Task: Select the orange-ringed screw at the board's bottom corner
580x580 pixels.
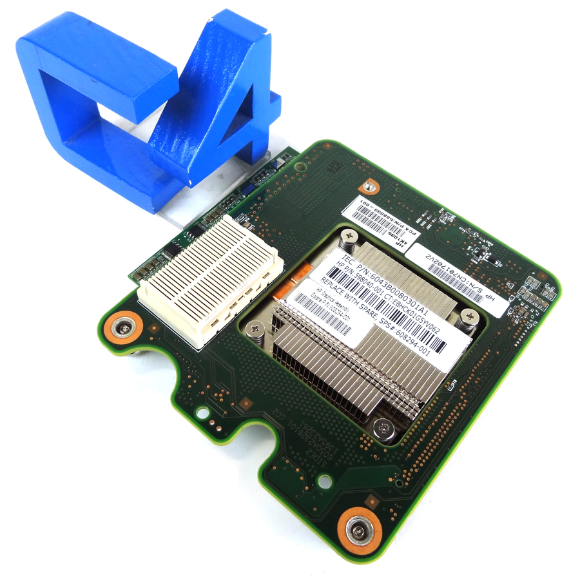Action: pyautogui.click(x=357, y=530)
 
